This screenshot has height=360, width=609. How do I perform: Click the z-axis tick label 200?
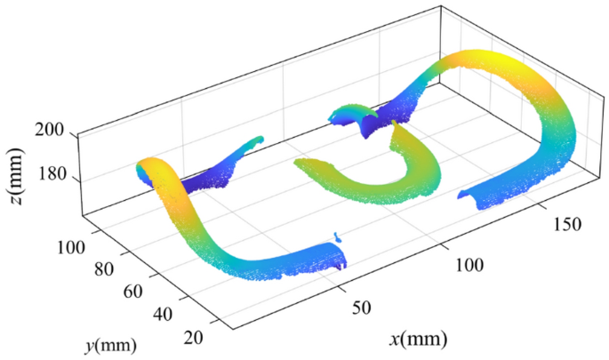coord(50,131)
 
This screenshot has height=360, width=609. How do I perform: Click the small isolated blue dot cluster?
coord(337,237)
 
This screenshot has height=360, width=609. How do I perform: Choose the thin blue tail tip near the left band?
coord(258,140)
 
